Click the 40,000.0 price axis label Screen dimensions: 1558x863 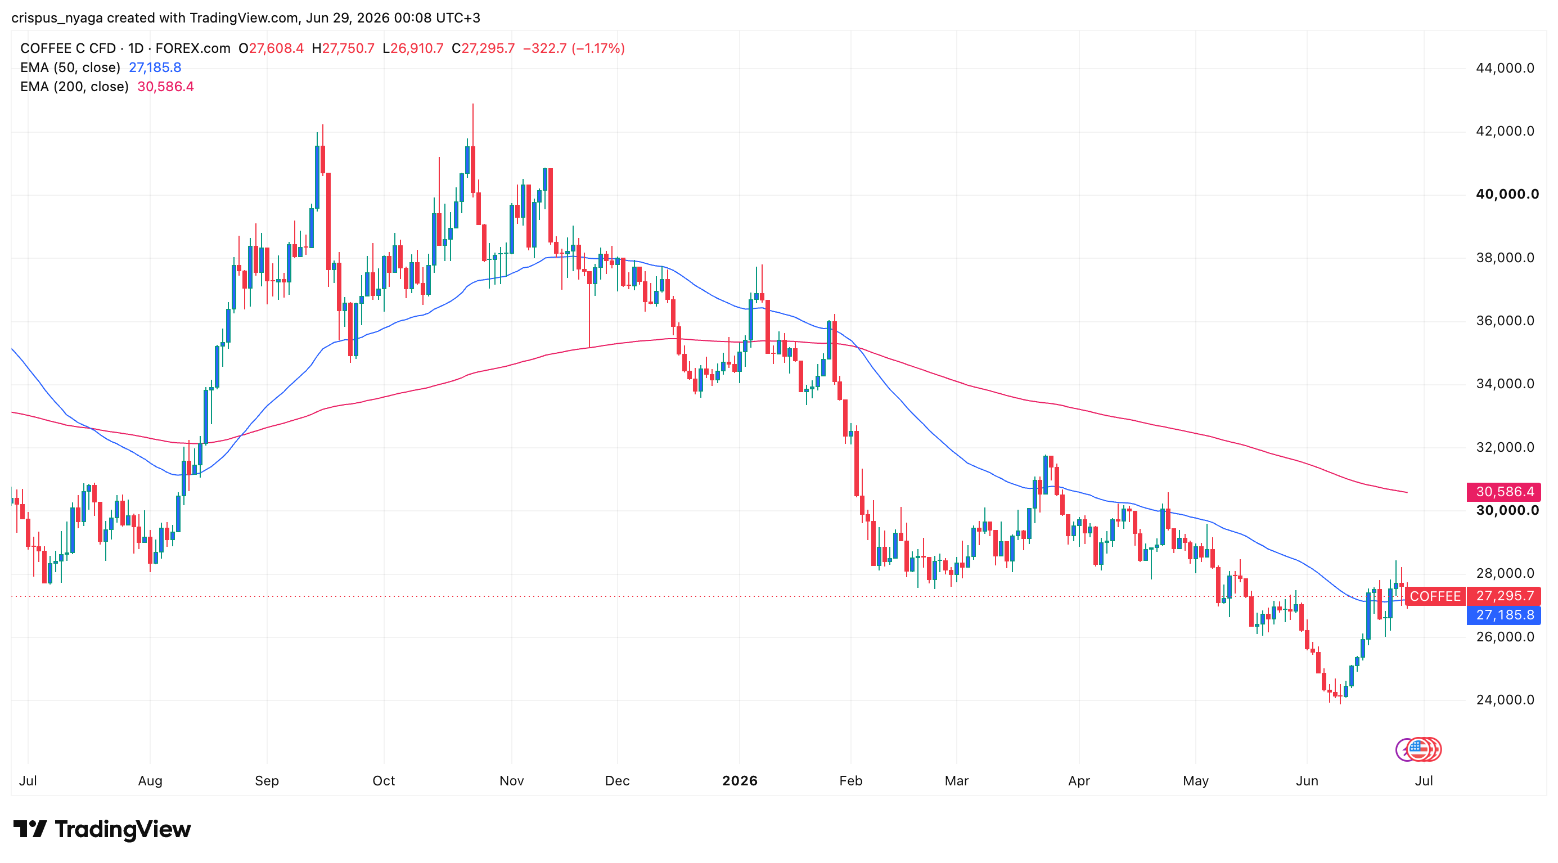point(1507,194)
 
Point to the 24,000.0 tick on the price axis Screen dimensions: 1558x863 point(1505,700)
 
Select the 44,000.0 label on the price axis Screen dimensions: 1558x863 point(1505,68)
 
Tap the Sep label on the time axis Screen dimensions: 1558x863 point(267,781)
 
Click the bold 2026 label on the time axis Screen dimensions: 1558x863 point(740,781)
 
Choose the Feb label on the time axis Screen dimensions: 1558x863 point(850,781)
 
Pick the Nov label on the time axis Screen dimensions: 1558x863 point(512,781)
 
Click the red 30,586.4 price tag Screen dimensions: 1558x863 point(1503,492)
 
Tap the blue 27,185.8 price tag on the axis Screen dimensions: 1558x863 point(1503,615)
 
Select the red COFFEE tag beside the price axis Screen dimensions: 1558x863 point(1435,596)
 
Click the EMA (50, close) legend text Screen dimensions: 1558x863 point(70,67)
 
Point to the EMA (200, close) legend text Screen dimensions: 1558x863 point(74,87)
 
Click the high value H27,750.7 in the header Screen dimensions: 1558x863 point(343,48)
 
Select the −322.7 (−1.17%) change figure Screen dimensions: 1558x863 point(573,48)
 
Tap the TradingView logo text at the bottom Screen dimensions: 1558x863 point(123,829)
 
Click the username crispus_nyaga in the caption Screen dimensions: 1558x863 point(57,18)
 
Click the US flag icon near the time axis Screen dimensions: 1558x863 point(1419,750)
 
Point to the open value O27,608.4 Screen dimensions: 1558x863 point(271,48)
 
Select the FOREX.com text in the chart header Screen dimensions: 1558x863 point(193,48)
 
